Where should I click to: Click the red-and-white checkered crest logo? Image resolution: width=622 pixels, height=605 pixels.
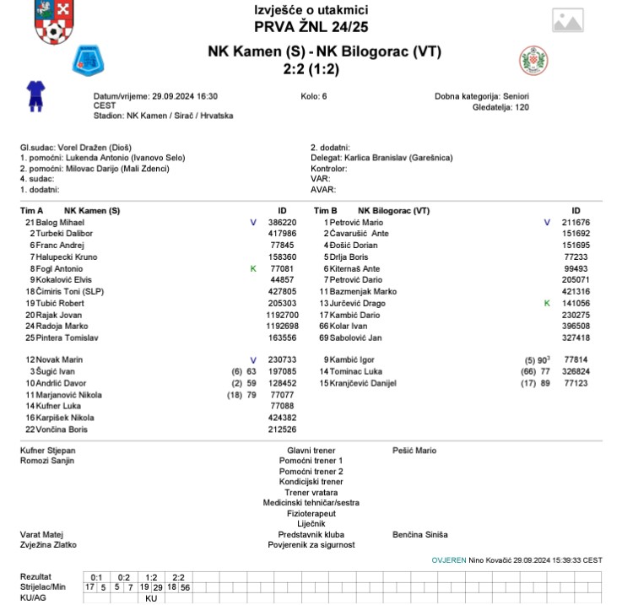point(54,22)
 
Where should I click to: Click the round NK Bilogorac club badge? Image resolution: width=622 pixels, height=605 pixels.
point(534,59)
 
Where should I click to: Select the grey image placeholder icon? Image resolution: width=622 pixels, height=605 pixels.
point(567,21)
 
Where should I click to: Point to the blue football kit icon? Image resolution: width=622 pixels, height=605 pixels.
point(34,95)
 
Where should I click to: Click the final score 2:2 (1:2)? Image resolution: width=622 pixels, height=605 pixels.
point(311,69)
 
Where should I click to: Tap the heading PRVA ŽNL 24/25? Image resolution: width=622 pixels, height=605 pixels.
point(311,26)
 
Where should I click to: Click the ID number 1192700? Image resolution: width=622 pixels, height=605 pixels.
point(283,315)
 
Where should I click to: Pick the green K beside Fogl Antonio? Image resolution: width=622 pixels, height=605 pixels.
point(252,268)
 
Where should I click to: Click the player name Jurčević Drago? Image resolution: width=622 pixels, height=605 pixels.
point(357,303)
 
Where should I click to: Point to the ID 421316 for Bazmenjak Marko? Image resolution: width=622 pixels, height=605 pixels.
point(576,291)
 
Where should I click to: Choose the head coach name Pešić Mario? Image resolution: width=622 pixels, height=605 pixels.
point(414,451)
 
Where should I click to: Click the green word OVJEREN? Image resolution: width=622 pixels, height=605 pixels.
point(449,559)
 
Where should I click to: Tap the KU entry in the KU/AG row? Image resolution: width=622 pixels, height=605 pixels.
point(152,598)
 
